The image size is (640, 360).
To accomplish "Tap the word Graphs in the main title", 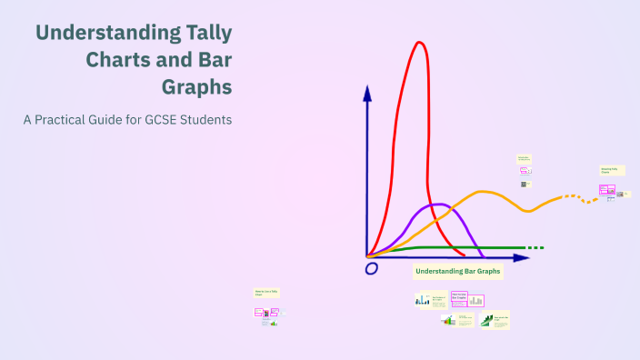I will point(197,87).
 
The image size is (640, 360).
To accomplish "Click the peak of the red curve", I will point(419,43).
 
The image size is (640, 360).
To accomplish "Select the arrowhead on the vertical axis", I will point(366,92).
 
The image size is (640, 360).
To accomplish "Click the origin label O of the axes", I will point(371,269).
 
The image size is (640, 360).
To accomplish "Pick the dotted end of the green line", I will point(535,247).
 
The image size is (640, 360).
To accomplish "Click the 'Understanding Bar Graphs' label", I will point(458,271).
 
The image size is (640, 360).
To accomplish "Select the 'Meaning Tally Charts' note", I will point(609,170).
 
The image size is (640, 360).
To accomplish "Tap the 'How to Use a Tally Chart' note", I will point(265,293).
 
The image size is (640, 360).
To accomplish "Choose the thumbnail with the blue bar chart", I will point(424,299).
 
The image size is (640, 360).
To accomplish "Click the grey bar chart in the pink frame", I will point(475,300).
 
